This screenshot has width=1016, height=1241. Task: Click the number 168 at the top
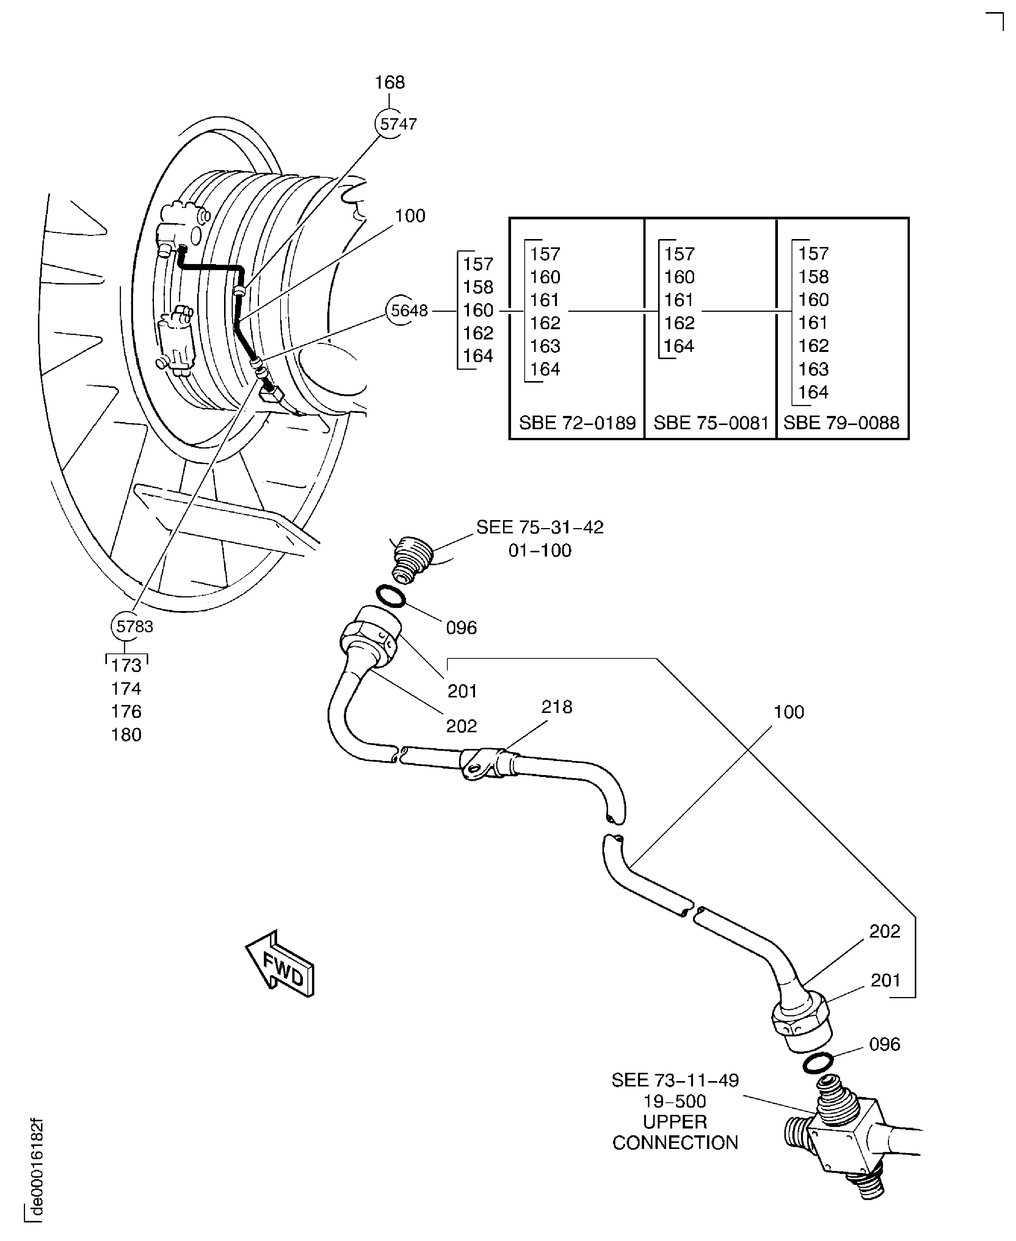coord(390,83)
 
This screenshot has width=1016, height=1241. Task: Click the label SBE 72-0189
coord(577,423)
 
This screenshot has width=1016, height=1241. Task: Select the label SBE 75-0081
coord(710,423)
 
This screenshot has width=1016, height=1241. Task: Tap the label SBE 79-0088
coord(841,423)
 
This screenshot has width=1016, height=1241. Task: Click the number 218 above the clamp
coord(557,707)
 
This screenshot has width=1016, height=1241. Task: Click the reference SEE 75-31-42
coord(539,528)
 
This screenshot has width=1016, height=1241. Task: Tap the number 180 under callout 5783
coord(126,735)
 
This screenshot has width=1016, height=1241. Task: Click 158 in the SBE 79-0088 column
coord(814,277)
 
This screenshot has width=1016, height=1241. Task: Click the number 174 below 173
coord(126,688)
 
